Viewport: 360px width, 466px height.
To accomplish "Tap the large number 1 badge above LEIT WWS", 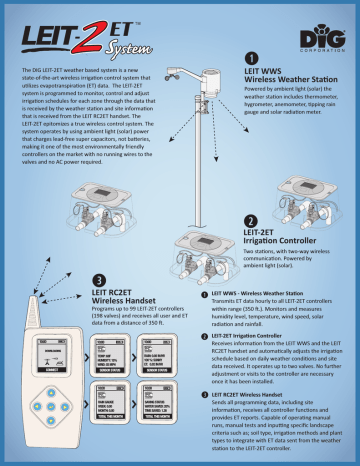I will [250, 58].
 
